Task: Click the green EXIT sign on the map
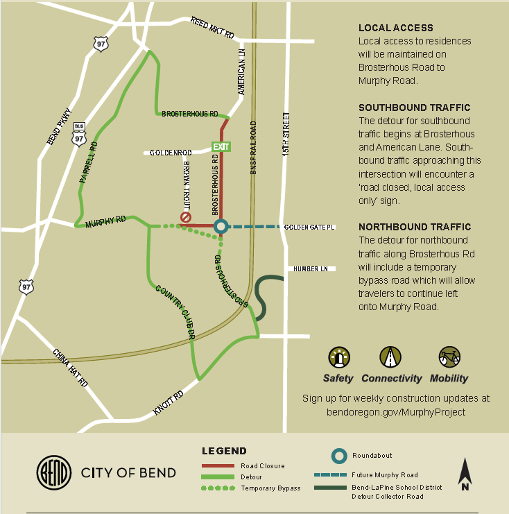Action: (221, 146)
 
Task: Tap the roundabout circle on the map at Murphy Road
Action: (221, 226)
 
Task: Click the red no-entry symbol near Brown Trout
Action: (186, 218)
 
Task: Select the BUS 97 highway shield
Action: (78, 135)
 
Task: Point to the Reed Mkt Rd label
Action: (213, 28)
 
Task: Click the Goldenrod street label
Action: (171, 152)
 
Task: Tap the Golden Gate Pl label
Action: (309, 227)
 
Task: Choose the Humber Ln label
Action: (310, 268)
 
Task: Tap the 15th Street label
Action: (286, 135)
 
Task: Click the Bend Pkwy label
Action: (59, 126)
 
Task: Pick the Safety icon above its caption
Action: (338, 357)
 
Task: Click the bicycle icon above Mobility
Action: (449, 357)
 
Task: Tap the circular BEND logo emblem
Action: (53, 473)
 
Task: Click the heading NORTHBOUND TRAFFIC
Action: (414, 227)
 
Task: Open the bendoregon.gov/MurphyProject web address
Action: (396, 411)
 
